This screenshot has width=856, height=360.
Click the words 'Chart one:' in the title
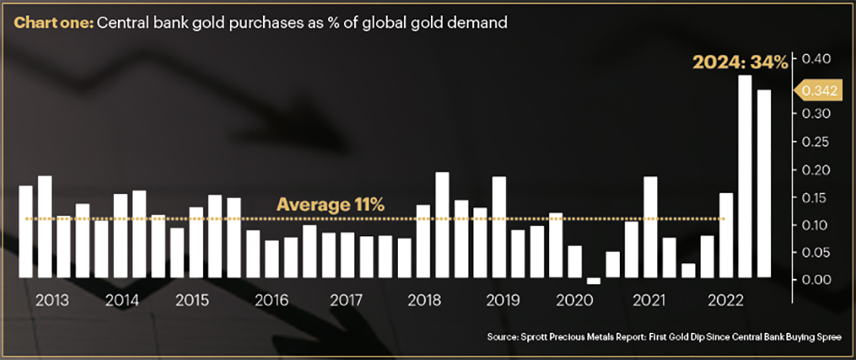point(53,23)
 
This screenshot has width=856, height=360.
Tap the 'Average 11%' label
point(330,205)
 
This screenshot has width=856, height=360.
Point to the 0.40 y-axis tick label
point(817,59)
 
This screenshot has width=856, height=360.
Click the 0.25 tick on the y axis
point(817,142)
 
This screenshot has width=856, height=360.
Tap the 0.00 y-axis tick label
point(817,280)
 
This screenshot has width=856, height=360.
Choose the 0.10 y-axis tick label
point(817,225)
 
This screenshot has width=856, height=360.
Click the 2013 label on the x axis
point(52,301)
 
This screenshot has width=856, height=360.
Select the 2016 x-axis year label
point(271,301)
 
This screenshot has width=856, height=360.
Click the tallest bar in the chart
point(744,177)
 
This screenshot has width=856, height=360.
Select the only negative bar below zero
point(594,281)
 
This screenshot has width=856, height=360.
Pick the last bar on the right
point(763,184)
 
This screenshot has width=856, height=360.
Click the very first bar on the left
point(25,232)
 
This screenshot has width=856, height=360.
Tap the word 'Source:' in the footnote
point(503,339)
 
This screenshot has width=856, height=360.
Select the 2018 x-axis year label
point(422,301)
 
